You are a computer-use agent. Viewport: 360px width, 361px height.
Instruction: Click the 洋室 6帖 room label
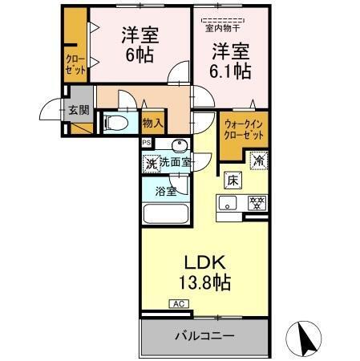(x=140, y=45)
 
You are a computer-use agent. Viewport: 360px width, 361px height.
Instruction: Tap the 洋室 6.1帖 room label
(x=231, y=61)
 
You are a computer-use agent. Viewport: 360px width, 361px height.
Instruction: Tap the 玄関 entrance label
(x=78, y=110)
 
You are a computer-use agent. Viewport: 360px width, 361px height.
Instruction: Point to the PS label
(x=146, y=143)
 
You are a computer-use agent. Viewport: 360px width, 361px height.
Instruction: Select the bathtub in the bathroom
(x=164, y=216)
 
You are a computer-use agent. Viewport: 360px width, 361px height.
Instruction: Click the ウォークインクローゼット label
(x=242, y=128)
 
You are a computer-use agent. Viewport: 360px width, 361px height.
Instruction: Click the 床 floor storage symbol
(x=232, y=180)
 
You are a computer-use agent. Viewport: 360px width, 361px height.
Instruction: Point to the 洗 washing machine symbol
(x=151, y=163)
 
